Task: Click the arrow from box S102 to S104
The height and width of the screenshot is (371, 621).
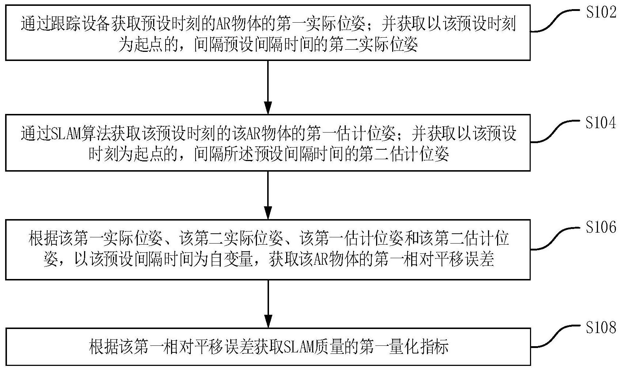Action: [x=268, y=87]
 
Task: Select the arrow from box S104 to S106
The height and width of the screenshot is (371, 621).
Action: [x=268, y=195]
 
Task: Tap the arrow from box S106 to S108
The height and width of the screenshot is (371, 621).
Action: [x=268, y=304]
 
